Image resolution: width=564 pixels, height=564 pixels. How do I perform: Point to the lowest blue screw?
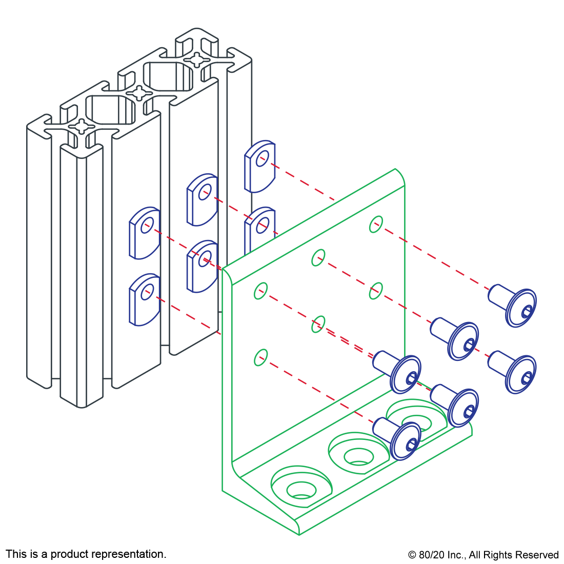(399, 438)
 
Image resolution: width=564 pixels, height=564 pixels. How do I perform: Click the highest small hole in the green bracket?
(376, 224)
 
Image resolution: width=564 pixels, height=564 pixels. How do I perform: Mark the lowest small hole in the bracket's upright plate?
(261, 357)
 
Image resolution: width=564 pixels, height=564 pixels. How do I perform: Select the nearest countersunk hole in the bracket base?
(301, 488)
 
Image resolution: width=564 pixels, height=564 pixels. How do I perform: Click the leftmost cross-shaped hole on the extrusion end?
(82, 126)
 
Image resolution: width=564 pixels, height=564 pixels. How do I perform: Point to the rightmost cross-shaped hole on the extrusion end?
(197, 60)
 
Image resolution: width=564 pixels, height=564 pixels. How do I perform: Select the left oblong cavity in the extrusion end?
(110, 109)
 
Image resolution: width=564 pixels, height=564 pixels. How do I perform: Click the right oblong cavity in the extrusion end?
(168, 76)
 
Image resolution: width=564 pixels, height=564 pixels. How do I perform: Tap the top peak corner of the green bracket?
(395, 169)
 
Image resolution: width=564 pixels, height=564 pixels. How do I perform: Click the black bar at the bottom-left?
(86, 555)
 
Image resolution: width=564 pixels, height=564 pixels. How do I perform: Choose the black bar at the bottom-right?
(483, 556)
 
